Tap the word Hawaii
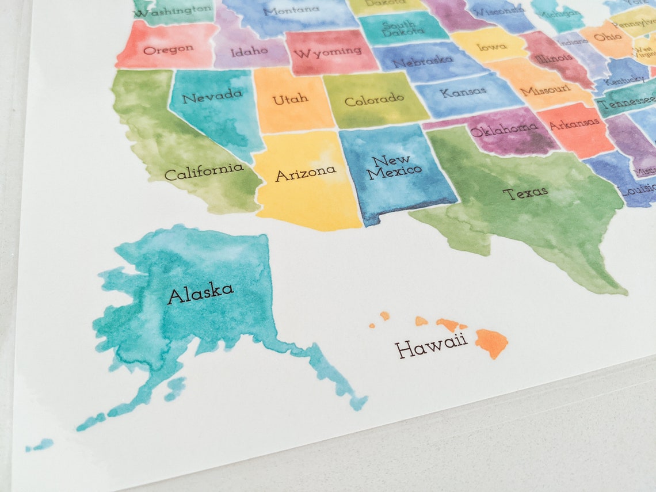tap(430, 346)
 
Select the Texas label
tap(525, 193)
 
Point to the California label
tap(204, 171)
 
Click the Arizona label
tap(305, 173)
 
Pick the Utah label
tap(290, 100)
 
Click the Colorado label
tap(374, 100)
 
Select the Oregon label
tap(168, 49)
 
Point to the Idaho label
tap(249, 51)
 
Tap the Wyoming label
tap(327, 52)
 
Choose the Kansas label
tap(463, 92)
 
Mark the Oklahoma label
tap(504, 130)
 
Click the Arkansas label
tap(574, 123)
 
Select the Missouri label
tap(545, 90)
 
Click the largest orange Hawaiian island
tap(491, 341)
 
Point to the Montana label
tap(291, 10)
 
